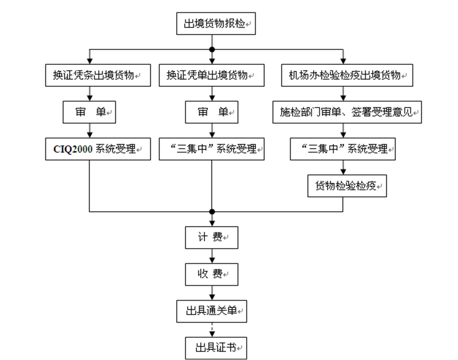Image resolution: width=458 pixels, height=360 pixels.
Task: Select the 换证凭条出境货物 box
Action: [x=98, y=75]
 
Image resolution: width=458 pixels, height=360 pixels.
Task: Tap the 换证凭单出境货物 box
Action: [x=212, y=75]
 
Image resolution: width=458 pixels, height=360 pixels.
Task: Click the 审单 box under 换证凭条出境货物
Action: [x=89, y=112]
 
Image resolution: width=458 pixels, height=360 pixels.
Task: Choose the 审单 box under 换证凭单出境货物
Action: [x=212, y=112]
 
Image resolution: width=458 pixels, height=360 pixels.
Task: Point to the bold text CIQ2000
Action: [x=70, y=149]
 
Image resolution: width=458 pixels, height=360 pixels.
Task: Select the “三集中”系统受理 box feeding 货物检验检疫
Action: [x=343, y=149]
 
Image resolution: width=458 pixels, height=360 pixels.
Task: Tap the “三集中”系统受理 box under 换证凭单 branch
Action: [x=212, y=149]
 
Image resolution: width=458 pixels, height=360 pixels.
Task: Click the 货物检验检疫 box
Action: [x=347, y=186]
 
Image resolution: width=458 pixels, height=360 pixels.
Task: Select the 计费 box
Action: [x=212, y=237]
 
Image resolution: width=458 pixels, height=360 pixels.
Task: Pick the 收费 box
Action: [x=212, y=274]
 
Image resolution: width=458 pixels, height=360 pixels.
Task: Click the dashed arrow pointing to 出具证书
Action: [x=212, y=330]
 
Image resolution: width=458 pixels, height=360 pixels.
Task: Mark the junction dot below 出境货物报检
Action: [x=212, y=49]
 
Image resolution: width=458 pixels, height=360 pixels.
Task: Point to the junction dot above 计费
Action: [x=212, y=211]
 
